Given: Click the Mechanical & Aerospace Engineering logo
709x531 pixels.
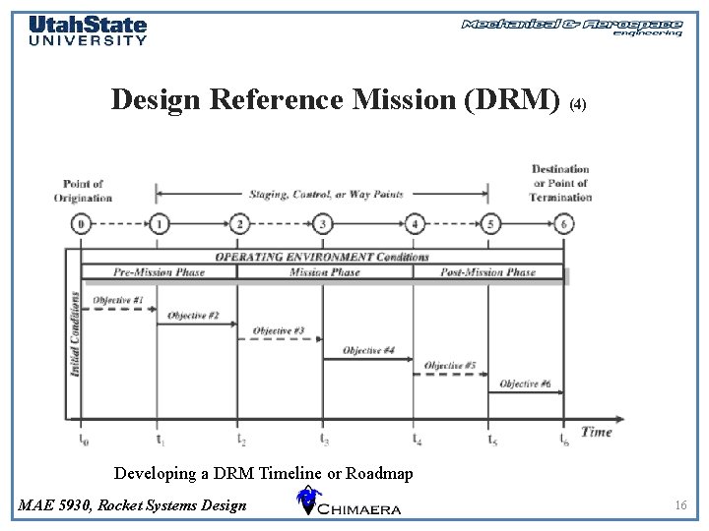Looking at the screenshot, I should tap(572, 27).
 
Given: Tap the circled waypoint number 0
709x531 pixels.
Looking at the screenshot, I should tap(81, 224).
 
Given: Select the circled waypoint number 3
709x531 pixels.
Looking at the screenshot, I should tap(324, 224).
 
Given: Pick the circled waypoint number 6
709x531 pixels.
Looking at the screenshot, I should tap(563, 224).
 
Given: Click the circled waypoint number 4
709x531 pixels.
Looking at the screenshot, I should tap(415, 224).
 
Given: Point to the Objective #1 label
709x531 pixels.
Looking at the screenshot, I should tap(118, 300).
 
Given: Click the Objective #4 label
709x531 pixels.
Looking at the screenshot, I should tap(368, 350).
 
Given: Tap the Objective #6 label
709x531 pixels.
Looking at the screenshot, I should tap(526, 383).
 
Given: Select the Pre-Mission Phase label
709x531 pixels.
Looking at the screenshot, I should tap(159, 272).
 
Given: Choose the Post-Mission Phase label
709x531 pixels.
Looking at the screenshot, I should tap(487, 272).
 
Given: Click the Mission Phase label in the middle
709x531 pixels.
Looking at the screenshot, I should tap(324, 272).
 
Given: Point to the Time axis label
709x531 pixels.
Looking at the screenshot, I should tap(596, 432).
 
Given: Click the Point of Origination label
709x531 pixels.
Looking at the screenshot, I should tap(83, 191).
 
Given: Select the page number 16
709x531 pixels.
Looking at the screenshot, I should tap(679, 505).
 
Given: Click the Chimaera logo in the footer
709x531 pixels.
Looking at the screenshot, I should tap(349, 502).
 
